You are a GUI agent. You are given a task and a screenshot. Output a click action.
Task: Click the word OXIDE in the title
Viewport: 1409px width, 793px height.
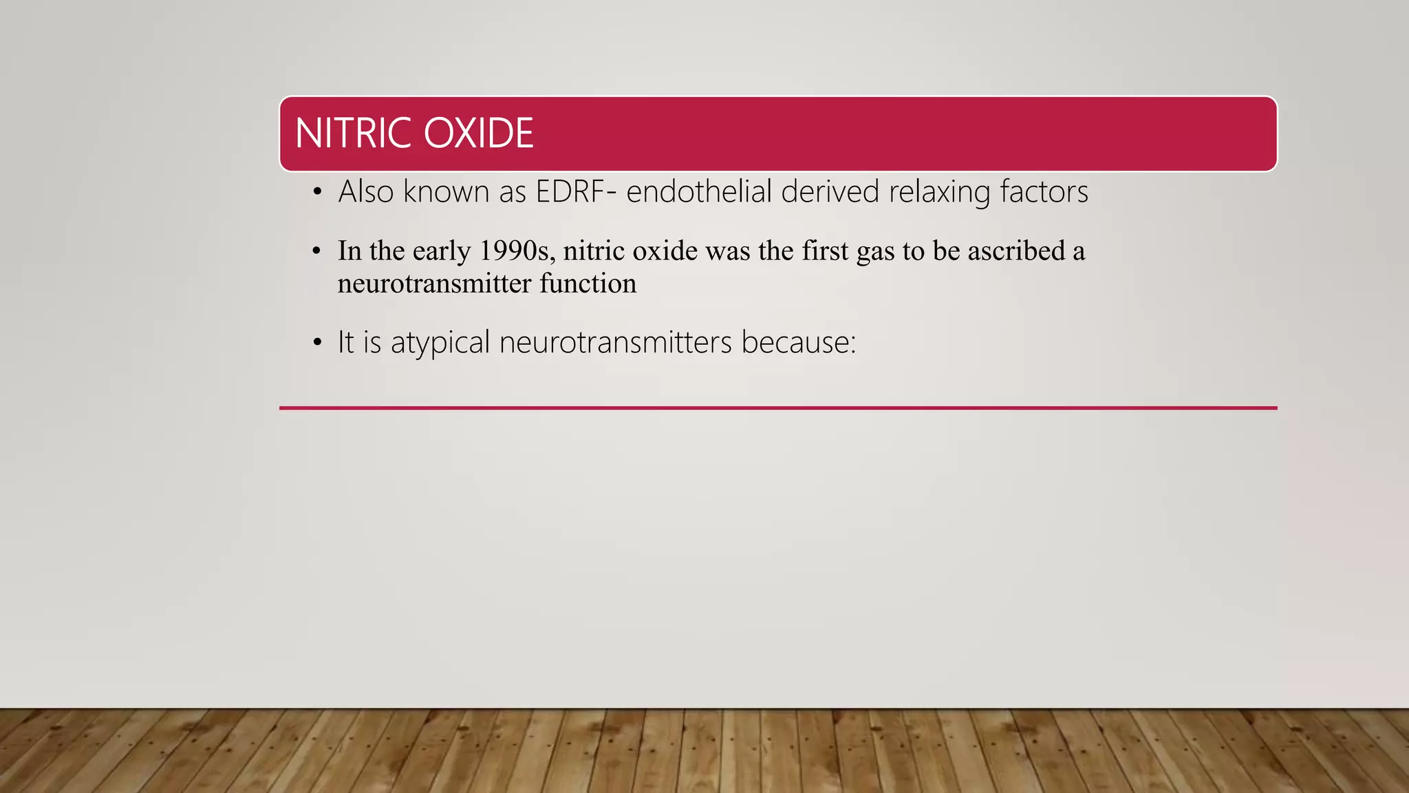tap(478, 133)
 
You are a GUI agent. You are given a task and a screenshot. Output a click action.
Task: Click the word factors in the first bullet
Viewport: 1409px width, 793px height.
tap(1044, 191)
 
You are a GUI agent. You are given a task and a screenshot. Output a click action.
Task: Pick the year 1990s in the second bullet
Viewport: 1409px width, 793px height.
tap(517, 251)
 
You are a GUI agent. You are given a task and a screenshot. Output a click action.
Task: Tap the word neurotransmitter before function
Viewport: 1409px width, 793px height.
tap(434, 283)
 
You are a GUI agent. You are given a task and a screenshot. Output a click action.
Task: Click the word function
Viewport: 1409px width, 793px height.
tap(588, 283)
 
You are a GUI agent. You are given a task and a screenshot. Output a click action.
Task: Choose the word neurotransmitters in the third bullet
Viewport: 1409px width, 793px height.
tap(615, 342)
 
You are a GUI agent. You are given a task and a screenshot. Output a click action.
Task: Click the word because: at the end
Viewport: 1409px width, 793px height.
tap(798, 342)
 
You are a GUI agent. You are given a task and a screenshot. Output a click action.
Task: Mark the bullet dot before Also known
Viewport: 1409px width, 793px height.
tap(316, 192)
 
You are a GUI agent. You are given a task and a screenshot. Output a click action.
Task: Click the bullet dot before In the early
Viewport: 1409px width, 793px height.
tap(316, 251)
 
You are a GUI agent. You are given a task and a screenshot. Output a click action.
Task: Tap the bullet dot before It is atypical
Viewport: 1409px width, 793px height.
tap(316, 342)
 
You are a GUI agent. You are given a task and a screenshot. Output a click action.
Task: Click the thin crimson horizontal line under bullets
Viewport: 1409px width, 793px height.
tap(777, 408)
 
